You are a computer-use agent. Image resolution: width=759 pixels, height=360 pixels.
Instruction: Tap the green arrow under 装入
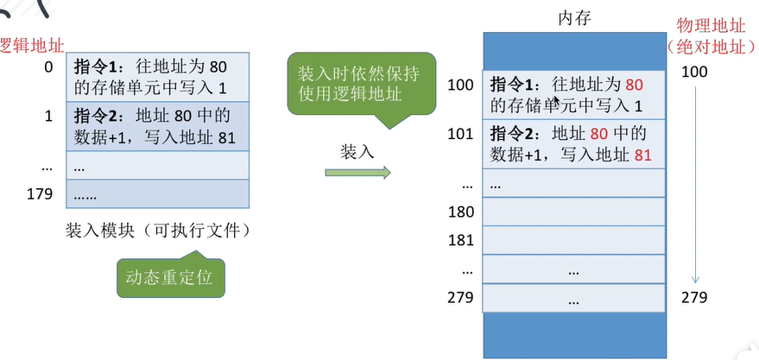click(x=357, y=172)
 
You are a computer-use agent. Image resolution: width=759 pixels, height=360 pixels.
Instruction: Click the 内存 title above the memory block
click(x=575, y=18)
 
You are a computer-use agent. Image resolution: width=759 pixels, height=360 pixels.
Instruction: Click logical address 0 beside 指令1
click(x=47, y=66)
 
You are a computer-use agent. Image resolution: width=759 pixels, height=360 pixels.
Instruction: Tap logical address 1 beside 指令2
click(x=47, y=114)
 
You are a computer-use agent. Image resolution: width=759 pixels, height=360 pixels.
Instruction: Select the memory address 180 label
click(x=461, y=212)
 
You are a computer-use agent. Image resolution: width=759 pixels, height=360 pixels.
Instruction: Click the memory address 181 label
click(x=461, y=240)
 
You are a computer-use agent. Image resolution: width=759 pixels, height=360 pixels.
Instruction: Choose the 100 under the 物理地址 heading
click(x=694, y=71)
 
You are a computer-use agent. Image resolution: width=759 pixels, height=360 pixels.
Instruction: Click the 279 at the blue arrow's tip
click(x=694, y=298)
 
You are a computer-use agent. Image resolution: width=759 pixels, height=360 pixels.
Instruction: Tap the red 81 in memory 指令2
click(x=642, y=155)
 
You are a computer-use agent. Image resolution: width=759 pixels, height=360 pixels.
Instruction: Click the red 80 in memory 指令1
click(x=634, y=85)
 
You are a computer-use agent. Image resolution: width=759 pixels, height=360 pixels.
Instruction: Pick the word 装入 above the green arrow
click(x=357, y=151)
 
